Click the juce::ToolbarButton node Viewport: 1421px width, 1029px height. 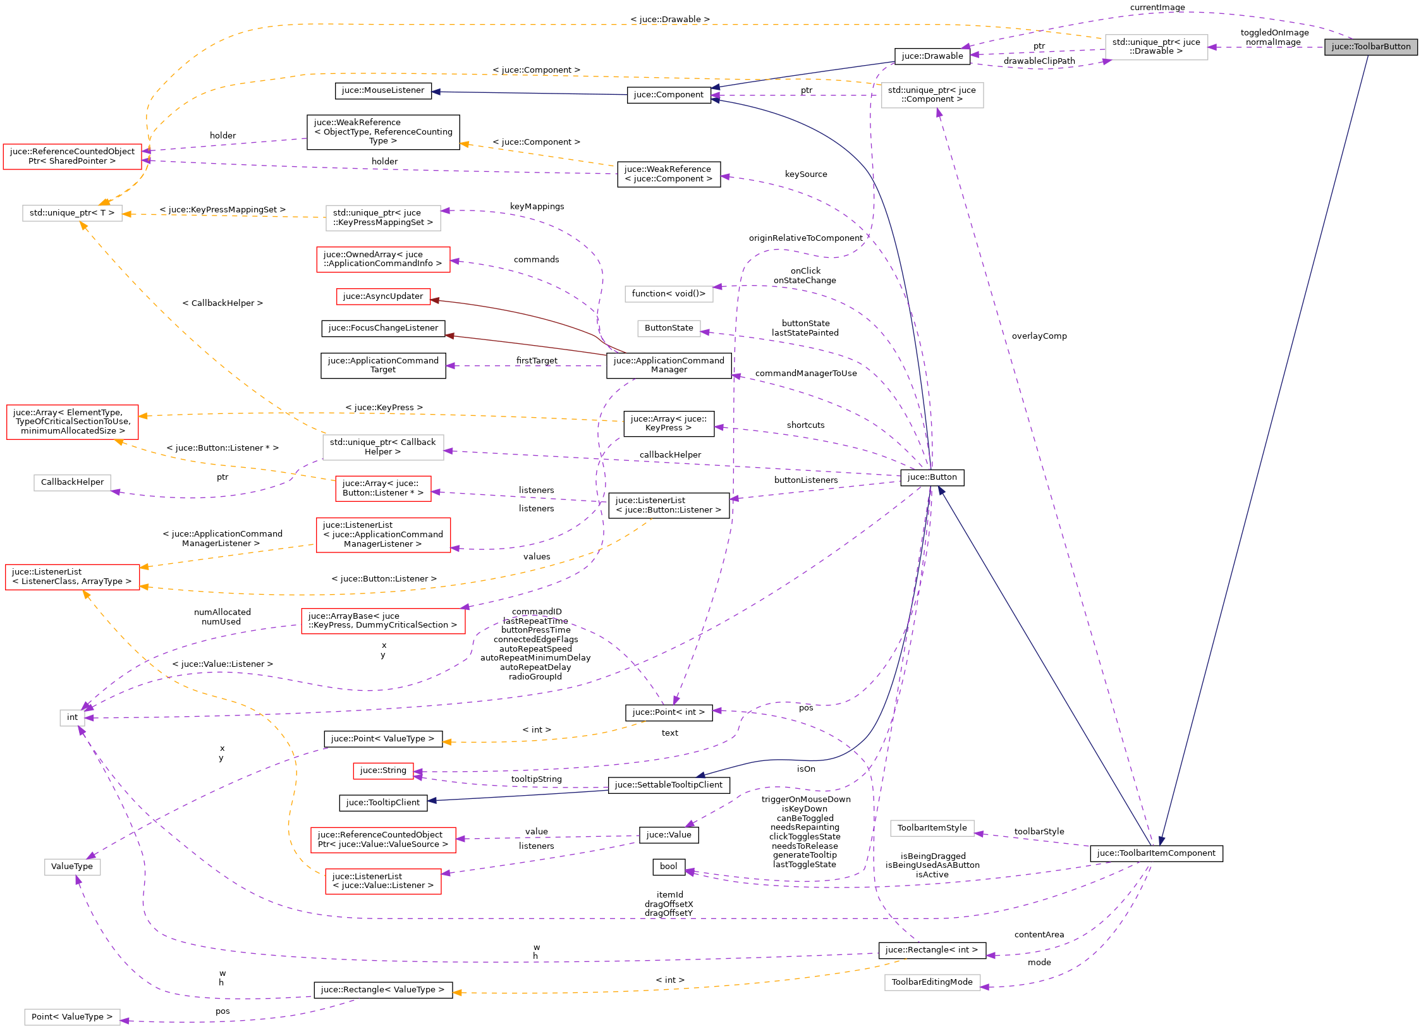click(x=1370, y=47)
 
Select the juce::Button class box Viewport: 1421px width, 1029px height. click(x=932, y=477)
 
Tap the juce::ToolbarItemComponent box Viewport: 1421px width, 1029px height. click(x=1156, y=853)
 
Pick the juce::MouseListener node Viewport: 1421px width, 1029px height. click(x=382, y=90)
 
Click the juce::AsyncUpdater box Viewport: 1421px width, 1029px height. click(x=382, y=296)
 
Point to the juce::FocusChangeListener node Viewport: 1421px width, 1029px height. click(x=382, y=328)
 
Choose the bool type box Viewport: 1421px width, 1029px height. click(x=668, y=867)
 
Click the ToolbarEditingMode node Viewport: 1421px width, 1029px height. click(x=932, y=982)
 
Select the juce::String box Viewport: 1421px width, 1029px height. click(x=382, y=770)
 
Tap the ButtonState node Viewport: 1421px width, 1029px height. click(x=668, y=328)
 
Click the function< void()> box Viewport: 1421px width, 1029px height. click(x=668, y=294)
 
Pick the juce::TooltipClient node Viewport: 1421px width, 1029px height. click(x=382, y=803)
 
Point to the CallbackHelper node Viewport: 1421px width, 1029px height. click(x=72, y=482)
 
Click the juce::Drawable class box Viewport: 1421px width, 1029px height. click(x=932, y=56)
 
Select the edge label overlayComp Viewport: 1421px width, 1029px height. click(x=1039, y=336)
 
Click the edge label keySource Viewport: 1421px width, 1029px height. click(x=805, y=174)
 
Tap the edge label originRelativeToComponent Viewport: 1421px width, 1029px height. click(x=805, y=238)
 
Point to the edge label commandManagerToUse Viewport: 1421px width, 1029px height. click(x=805, y=374)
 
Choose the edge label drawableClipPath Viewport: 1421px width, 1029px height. click(x=1039, y=61)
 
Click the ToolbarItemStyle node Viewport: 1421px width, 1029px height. click(x=932, y=828)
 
